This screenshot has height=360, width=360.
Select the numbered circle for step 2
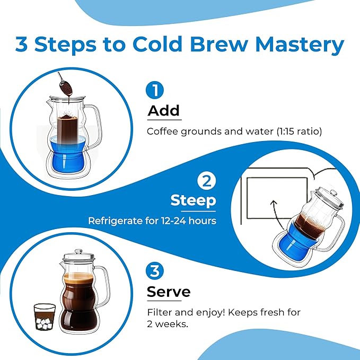[206, 181]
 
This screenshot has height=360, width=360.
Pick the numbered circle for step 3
[155, 271]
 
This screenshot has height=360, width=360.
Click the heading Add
[164, 111]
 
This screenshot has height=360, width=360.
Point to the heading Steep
[193, 201]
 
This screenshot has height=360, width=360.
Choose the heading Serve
[169, 292]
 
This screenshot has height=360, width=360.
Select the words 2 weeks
[168, 323]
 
